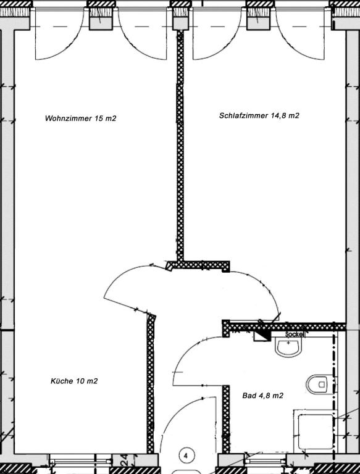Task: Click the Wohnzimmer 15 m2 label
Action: (80, 118)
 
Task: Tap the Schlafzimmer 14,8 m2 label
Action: (259, 115)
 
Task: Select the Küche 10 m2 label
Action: (74, 381)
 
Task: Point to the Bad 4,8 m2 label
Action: (263, 396)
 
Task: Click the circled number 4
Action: (186, 455)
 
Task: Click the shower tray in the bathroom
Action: (315, 431)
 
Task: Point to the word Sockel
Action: (295, 335)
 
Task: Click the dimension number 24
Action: (125, 459)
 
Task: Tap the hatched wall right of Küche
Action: (150, 384)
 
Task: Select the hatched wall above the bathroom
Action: (285, 326)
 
